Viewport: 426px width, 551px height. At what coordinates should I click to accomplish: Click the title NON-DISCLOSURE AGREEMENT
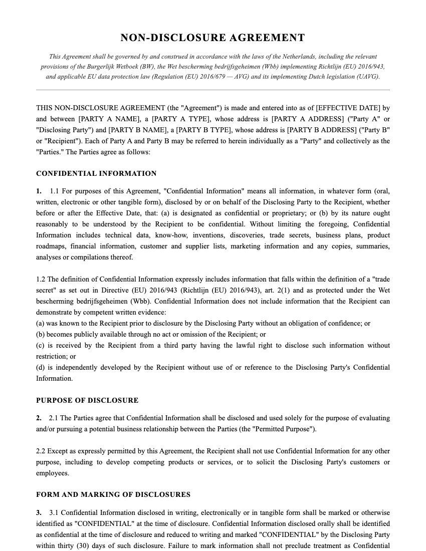(212, 38)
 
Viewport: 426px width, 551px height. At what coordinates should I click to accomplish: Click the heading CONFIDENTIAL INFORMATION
(96, 174)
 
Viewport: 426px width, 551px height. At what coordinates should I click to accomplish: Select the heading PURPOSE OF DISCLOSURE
(87, 401)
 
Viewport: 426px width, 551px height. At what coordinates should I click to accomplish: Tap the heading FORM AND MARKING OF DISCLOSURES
(113, 495)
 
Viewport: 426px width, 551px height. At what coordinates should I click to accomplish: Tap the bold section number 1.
(39, 191)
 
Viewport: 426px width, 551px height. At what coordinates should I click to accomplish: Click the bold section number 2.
(39, 418)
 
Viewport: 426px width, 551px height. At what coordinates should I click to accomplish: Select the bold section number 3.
(39, 513)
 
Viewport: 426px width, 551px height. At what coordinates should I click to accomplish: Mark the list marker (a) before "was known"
(40, 324)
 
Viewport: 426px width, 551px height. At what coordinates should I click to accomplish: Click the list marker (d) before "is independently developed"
(40, 368)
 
